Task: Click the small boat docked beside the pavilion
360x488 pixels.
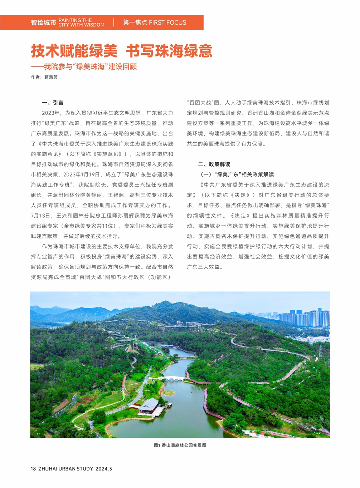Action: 169,405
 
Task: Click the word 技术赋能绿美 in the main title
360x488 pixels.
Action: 74,51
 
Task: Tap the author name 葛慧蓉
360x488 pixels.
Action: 51,77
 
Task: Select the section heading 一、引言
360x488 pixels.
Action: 53,103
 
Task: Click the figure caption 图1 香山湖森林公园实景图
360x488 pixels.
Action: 180,445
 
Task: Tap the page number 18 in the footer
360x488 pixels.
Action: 33,469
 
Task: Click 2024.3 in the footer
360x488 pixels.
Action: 104,469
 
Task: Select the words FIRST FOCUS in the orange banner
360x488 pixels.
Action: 167,23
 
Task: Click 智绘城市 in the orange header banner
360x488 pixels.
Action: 43,23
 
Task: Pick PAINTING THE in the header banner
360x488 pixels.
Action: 75,20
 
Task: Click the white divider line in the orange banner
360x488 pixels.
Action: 114,23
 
